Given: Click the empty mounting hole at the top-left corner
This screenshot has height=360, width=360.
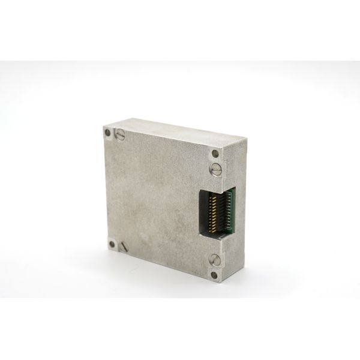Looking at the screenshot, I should [107, 133].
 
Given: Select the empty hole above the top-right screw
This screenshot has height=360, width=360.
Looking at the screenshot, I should [215, 153].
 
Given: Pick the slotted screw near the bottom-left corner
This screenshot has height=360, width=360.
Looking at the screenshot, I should [124, 246].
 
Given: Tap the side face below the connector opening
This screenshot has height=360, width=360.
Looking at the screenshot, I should [234, 258].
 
